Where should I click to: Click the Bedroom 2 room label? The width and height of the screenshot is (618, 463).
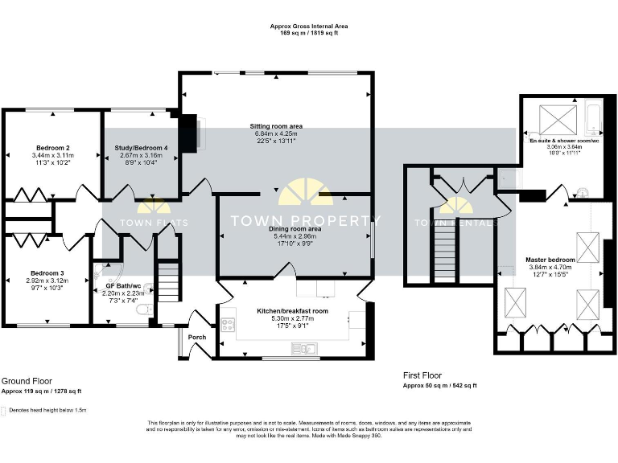(x=50, y=148)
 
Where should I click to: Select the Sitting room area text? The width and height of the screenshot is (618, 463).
(x=275, y=126)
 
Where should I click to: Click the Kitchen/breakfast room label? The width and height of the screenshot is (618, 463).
(x=292, y=310)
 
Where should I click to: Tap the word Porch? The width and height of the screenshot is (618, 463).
(x=197, y=338)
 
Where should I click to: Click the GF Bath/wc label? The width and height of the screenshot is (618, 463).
(x=123, y=286)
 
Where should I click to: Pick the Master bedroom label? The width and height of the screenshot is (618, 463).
(x=550, y=260)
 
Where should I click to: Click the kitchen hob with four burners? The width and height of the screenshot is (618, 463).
(x=228, y=326)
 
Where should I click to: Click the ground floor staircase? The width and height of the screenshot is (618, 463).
(x=167, y=281)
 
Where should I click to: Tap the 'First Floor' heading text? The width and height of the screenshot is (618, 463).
(x=422, y=375)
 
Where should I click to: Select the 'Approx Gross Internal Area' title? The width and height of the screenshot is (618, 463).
(x=309, y=27)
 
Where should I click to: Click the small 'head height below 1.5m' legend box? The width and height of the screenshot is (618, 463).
(x=4, y=410)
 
